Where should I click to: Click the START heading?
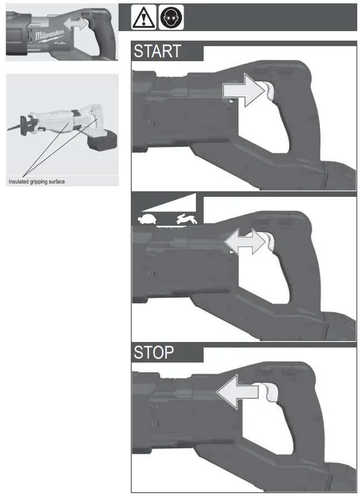click(x=157, y=51)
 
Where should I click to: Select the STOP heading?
click(x=154, y=353)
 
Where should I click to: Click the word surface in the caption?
click(x=56, y=181)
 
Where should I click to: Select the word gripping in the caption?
click(x=38, y=181)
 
